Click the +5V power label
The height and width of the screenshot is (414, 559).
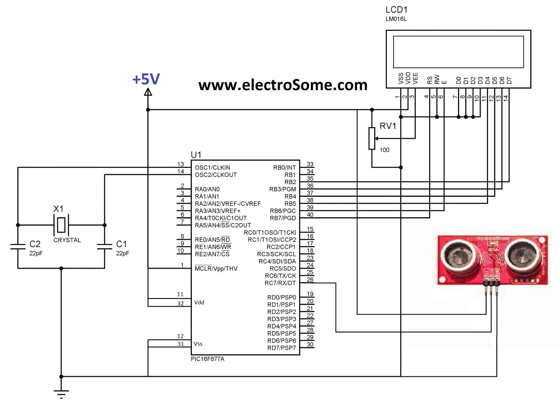tap(146, 80)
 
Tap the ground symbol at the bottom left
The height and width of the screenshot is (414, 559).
tap(61, 393)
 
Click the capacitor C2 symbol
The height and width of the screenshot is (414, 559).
tap(18, 246)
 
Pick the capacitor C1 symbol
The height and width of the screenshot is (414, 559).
tap(104, 246)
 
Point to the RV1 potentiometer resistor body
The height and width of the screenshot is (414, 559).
tap(372, 138)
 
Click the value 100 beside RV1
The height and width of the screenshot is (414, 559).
tap(384, 150)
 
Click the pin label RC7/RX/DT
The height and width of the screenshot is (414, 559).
tap(280, 283)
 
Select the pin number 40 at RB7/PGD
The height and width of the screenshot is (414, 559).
tap(310, 214)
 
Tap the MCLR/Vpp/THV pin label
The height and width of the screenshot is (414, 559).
tap(216, 269)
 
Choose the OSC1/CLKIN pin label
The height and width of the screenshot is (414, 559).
tap(212, 167)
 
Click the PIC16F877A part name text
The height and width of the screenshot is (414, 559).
tap(208, 359)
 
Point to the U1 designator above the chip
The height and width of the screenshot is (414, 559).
tap(196, 155)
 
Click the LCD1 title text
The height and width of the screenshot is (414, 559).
tap(397, 10)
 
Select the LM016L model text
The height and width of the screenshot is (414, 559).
tap(396, 19)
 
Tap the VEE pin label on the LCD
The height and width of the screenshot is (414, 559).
tap(415, 78)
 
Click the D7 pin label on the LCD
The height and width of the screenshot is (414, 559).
tap(509, 81)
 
